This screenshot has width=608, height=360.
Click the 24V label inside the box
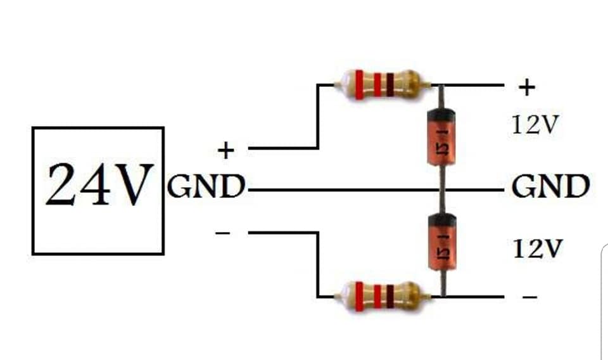coord(99,184)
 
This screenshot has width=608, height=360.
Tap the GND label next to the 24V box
coord(206,186)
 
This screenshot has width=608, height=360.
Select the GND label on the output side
coord(550,186)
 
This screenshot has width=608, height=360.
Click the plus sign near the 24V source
coord(226,150)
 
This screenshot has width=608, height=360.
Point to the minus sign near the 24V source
coord(222,233)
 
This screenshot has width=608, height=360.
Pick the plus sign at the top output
coord(526,87)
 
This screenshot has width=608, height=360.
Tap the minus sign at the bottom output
coord(529,297)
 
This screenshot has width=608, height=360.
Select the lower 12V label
coord(538,248)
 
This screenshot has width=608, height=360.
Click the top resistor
coord(383,84)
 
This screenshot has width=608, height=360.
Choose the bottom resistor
coord(383,297)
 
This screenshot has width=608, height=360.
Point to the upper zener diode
coord(441,137)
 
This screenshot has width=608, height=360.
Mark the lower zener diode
coord(442,241)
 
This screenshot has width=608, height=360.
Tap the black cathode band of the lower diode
coord(442,219)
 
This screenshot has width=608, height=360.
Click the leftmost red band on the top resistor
coord(360,84)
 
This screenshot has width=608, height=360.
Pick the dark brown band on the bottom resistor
coord(390,297)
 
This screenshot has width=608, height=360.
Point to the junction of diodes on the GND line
coord(442,190)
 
